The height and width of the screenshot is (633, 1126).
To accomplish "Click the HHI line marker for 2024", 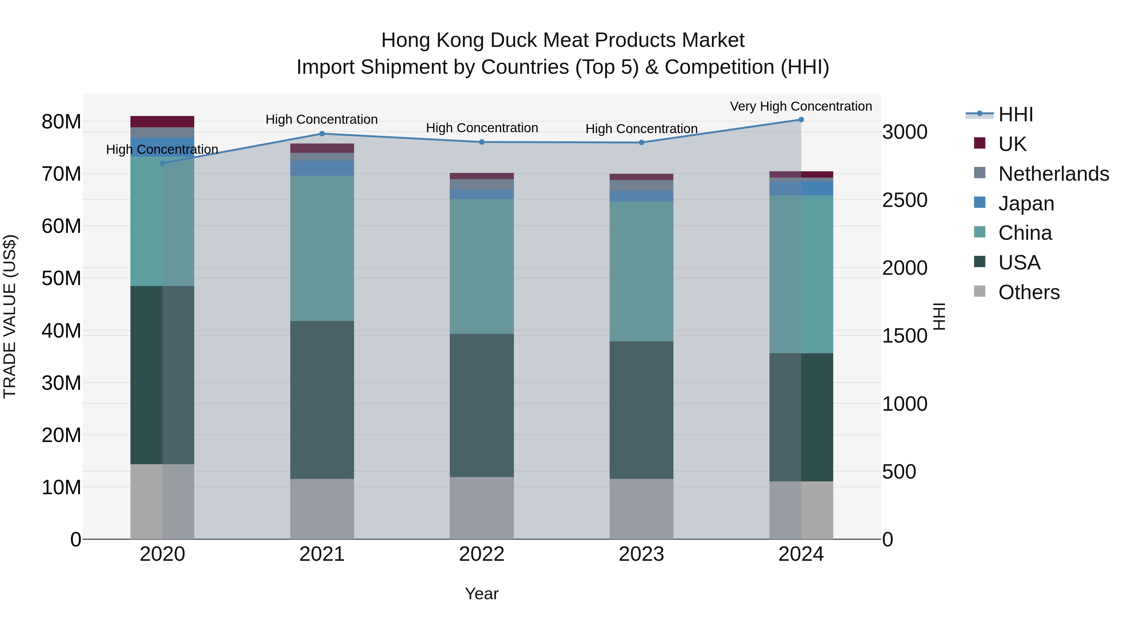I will [x=801, y=120].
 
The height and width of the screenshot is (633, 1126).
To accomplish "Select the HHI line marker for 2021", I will [x=322, y=134].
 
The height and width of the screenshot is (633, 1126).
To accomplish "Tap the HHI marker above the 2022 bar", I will [x=482, y=142].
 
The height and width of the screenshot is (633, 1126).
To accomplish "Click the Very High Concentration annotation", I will [x=801, y=106].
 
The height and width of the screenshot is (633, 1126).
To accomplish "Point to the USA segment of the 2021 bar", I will [x=322, y=400].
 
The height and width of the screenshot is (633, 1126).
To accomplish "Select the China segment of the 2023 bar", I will [x=641, y=271].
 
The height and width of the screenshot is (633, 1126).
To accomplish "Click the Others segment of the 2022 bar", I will [x=482, y=508].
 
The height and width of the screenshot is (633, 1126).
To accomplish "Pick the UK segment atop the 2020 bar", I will [x=162, y=122].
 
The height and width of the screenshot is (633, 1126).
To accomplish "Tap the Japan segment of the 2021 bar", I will [x=322, y=168].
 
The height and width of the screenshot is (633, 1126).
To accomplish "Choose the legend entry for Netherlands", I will [x=1053, y=174].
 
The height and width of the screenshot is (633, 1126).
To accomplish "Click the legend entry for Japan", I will [x=1026, y=203].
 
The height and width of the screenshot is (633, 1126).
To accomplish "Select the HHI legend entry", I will [x=1015, y=114].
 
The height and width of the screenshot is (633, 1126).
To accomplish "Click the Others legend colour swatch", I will [x=980, y=291].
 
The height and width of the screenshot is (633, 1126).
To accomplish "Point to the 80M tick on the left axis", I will [x=61, y=122].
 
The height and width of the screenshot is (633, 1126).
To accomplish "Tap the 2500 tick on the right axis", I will [x=904, y=200].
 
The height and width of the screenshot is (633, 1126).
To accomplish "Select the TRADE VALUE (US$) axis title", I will [x=10, y=316].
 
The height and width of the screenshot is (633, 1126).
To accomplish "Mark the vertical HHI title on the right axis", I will [x=939, y=316].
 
